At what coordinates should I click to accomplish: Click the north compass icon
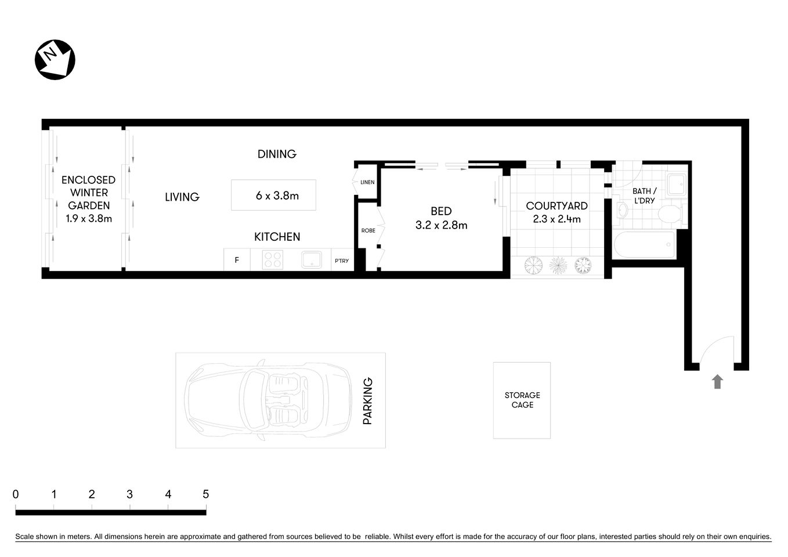[56, 60]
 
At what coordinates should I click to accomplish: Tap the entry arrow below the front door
[717, 381]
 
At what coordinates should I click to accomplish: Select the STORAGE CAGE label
[522, 400]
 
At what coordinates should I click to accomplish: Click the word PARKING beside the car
[367, 401]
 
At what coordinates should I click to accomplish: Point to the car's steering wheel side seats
[284, 400]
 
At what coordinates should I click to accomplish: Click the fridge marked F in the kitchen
[237, 260]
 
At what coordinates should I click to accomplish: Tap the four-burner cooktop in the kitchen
[272, 259]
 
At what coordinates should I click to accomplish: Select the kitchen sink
[312, 259]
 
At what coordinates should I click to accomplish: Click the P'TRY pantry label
[342, 261]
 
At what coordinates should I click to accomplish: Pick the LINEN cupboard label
[367, 182]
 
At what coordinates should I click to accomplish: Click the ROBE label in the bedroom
[368, 230]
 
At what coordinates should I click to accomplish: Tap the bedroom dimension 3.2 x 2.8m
[441, 225]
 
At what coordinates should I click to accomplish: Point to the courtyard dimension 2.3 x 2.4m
[556, 219]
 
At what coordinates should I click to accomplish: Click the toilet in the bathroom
[671, 214]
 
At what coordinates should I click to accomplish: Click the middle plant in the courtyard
[558, 265]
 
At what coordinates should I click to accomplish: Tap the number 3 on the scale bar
[129, 494]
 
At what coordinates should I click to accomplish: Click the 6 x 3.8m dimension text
[277, 196]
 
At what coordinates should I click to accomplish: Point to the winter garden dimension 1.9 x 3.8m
[89, 219]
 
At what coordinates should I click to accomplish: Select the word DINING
[277, 154]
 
